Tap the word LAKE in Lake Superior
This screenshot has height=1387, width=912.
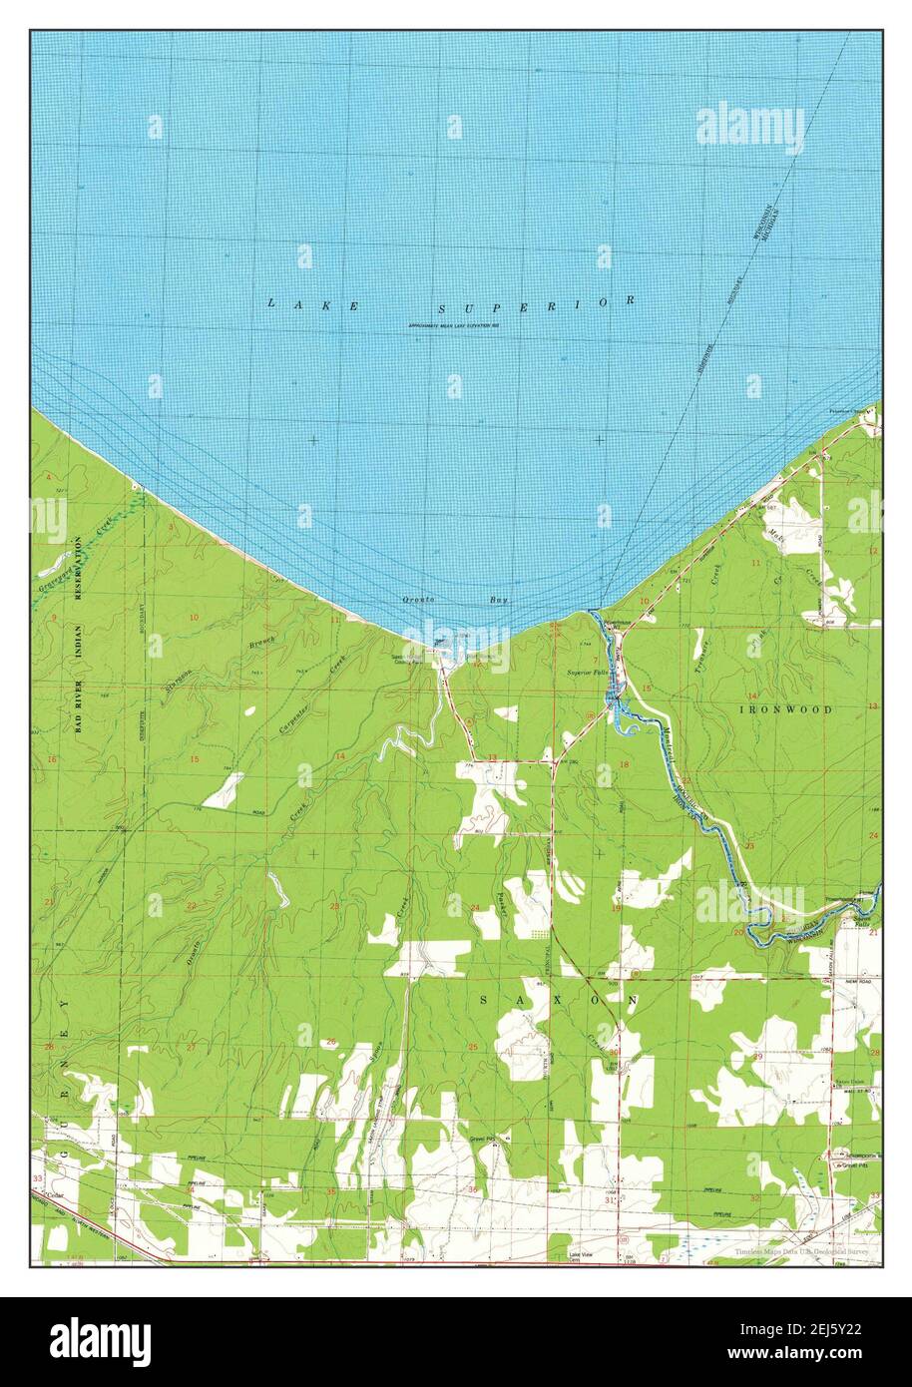(x=313, y=304)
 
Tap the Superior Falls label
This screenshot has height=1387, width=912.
(x=588, y=674)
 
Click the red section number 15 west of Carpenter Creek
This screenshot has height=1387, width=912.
(x=194, y=760)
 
